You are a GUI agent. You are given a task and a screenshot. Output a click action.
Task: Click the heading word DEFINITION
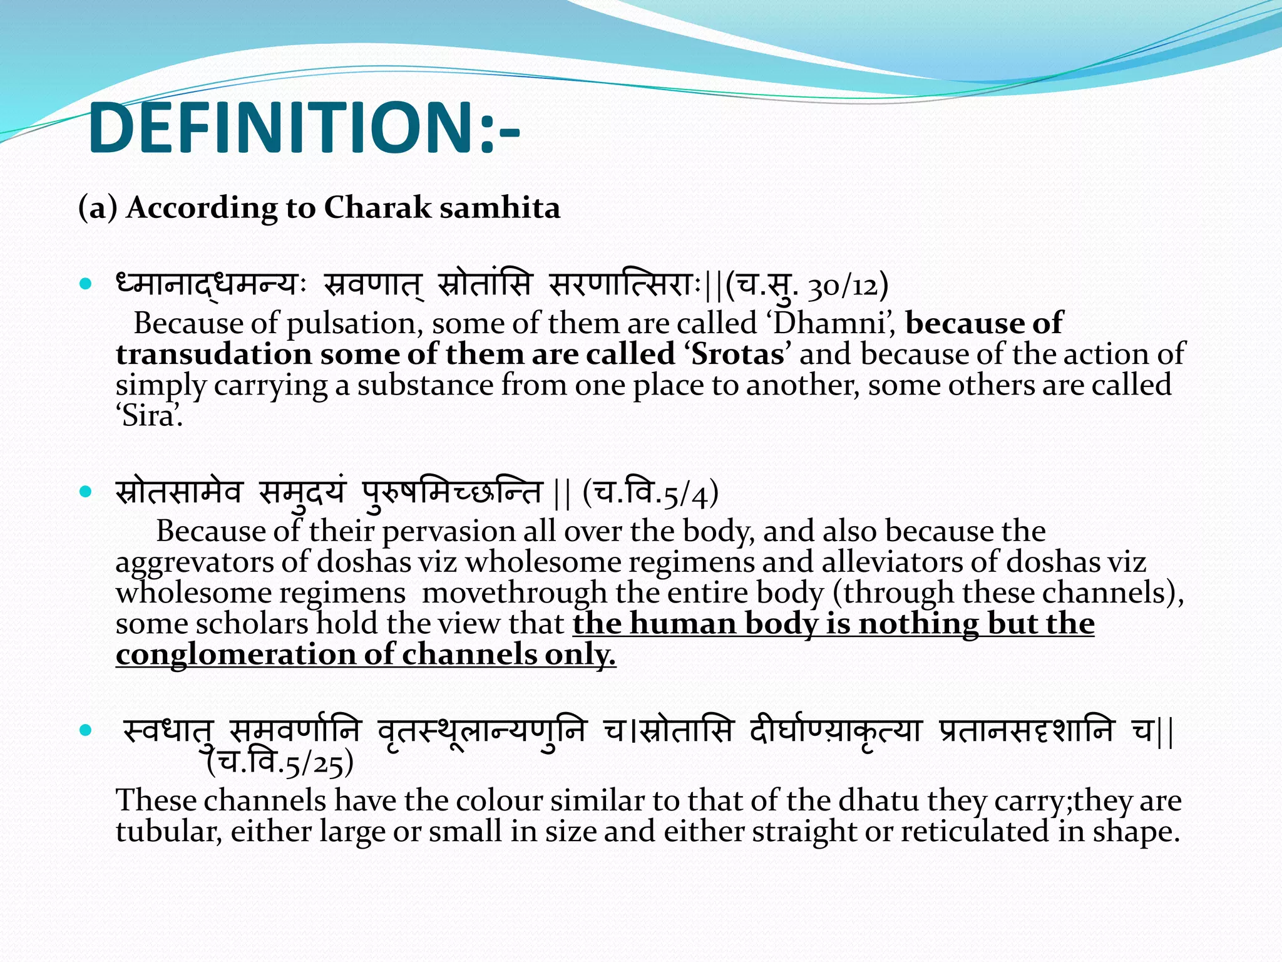(x=282, y=128)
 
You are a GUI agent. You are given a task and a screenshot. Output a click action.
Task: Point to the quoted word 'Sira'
(x=149, y=416)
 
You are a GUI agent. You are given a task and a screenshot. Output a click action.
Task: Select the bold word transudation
(x=213, y=354)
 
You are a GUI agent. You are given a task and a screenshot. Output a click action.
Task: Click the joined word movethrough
(x=514, y=592)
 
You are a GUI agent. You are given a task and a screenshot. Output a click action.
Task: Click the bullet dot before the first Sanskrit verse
(x=86, y=284)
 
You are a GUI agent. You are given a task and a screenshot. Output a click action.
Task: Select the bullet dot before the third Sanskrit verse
(x=86, y=730)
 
